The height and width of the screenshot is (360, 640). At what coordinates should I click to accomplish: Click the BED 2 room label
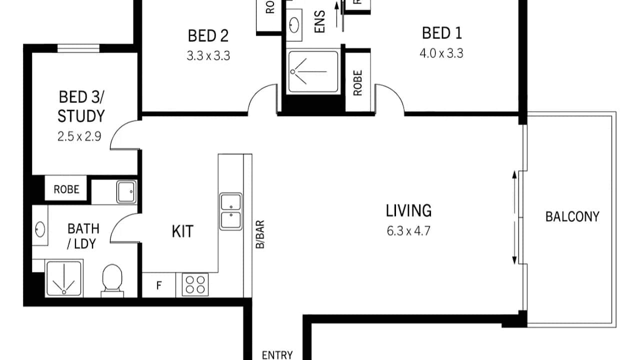pyautogui.click(x=208, y=36)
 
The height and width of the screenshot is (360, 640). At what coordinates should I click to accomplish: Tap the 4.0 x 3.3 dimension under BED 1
pyautogui.click(x=441, y=53)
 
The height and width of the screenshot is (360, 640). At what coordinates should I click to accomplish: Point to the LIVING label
pyautogui.click(x=408, y=210)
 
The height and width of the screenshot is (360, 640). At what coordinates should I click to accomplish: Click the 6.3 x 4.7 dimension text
pyautogui.click(x=408, y=231)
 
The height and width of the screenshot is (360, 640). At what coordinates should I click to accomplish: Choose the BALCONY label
pyautogui.click(x=572, y=216)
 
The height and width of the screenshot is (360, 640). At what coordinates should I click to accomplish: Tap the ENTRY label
pyautogui.click(x=277, y=355)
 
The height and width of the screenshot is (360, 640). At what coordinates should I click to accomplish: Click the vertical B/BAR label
pyautogui.click(x=260, y=234)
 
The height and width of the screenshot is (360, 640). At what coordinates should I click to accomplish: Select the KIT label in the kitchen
pyautogui.click(x=182, y=231)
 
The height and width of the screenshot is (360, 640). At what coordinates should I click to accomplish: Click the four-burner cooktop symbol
pyautogui.click(x=195, y=285)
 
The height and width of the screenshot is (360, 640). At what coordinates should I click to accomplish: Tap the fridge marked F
pyautogui.click(x=159, y=286)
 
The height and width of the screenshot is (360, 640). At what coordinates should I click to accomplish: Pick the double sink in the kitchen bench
pyautogui.click(x=231, y=211)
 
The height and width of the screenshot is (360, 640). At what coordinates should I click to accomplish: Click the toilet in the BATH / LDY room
pyautogui.click(x=112, y=279)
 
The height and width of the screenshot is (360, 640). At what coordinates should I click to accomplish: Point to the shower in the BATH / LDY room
pyautogui.click(x=63, y=278)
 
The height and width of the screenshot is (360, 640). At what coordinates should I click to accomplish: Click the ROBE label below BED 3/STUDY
pyautogui.click(x=66, y=189)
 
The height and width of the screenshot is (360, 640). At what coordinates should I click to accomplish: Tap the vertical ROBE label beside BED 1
pyautogui.click(x=357, y=82)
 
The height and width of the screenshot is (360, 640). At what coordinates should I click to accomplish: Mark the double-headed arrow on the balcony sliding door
pyautogui.click(x=514, y=217)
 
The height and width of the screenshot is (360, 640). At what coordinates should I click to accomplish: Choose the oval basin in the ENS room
pyautogui.click(x=294, y=24)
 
